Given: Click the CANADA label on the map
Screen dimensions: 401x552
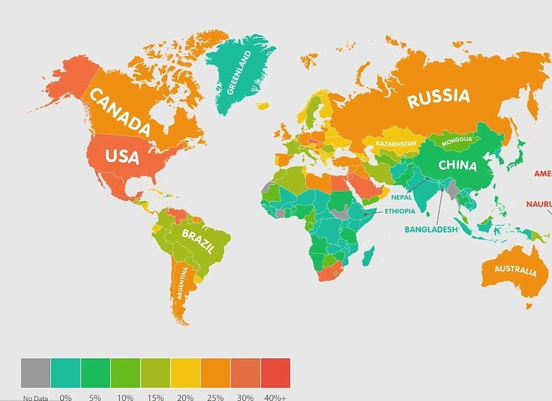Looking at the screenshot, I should click(x=121, y=112).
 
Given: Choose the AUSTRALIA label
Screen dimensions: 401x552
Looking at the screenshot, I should click(x=515, y=270).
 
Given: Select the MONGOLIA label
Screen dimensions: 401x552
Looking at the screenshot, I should click(x=461, y=140).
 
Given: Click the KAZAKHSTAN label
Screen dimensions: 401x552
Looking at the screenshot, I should click(x=395, y=142).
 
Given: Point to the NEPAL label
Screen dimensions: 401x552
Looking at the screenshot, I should click(x=401, y=197).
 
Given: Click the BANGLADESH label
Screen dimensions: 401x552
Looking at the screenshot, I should click(x=431, y=229).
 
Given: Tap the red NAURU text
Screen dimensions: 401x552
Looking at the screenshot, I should click(x=540, y=204).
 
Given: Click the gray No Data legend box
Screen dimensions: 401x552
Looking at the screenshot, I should click(x=35, y=372).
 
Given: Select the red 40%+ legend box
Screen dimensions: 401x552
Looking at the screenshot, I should click(x=275, y=372).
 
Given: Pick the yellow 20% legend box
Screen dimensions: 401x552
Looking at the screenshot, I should click(x=185, y=372).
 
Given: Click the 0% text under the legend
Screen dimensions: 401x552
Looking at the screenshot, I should click(x=65, y=396).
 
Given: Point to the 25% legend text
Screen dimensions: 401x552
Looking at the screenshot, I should click(x=215, y=396).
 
